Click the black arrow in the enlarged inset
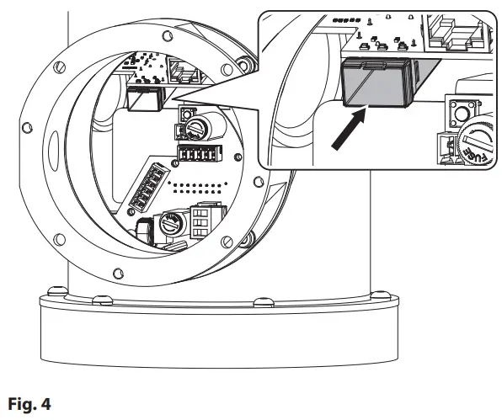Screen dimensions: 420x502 (x=348, y=130)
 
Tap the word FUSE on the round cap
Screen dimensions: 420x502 (x=477, y=152)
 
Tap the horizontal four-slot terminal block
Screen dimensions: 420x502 (x=195, y=156)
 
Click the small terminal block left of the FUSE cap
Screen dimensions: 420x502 (x=445, y=149)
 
